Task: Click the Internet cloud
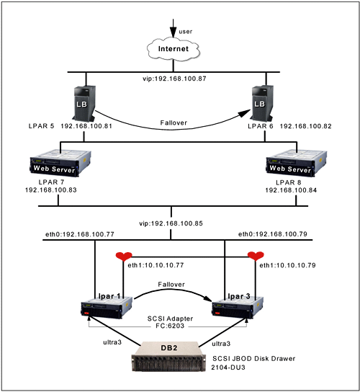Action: click(x=174, y=49)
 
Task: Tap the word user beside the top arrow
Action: click(x=185, y=32)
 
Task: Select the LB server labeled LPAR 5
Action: click(x=84, y=103)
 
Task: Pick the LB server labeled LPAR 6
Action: click(x=261, y=103)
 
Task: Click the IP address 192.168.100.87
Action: click(x=181, y=79)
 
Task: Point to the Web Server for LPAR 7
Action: click(x=60, y=163)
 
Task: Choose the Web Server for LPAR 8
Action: click(x=297, y=163)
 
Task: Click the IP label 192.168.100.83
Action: click(x=51, y=190)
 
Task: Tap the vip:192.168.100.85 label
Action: click(x=171, y=223)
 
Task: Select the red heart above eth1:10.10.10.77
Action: click(x=124, y=257)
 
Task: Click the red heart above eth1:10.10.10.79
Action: click(x=256, y=256)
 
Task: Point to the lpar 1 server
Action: click(x=107, y=306)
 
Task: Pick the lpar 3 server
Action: click(x=238, y=306)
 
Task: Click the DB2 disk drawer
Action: click(x=169, y=356)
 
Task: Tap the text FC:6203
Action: click(x=170, y=326)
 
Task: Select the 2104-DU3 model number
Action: click(x=228, y=367)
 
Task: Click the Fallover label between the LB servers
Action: click(x=174, y=122)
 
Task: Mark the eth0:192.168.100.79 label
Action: click(x=273, y=234)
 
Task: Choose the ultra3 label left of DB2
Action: click(x=112, y=342)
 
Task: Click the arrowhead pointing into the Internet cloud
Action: click(x=173, y=33)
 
